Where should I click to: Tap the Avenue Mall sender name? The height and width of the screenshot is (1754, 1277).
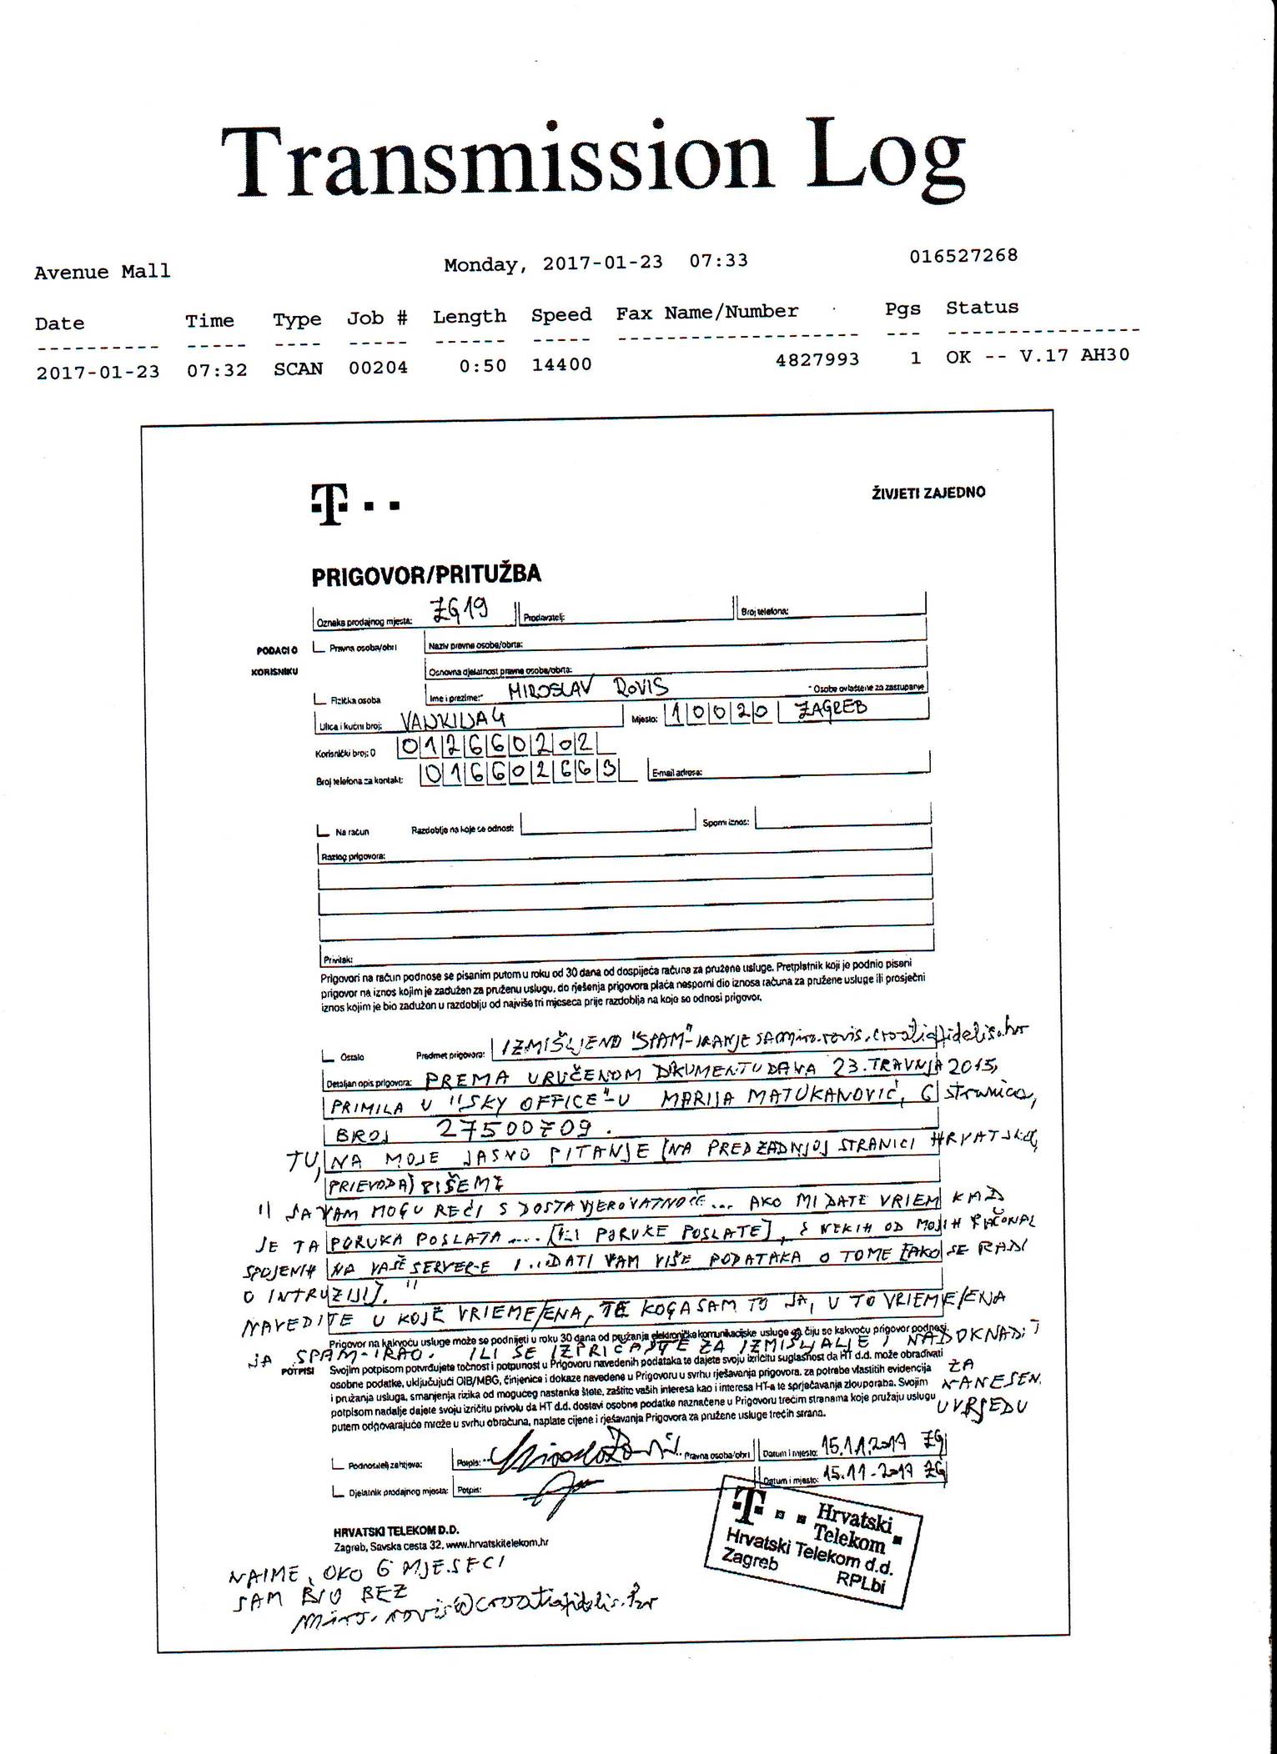[102, 272]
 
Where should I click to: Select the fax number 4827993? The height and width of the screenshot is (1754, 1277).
[817, 359]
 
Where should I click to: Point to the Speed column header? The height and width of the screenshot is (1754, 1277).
[561, 315]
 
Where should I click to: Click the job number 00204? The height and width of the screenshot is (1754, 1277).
[378, 367]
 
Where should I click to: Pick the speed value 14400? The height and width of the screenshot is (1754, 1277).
[561, 364]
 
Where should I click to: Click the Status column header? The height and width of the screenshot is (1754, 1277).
[982, 308]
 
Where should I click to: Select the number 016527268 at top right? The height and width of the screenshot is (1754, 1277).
[963, 255]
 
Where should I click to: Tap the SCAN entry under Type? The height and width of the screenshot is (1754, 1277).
[298, 368]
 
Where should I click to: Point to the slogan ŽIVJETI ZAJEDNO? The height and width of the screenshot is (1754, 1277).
[928, 492]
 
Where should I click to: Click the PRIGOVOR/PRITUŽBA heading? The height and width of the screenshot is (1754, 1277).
[426, 574]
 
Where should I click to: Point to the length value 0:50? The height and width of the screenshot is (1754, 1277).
[482, 365]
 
